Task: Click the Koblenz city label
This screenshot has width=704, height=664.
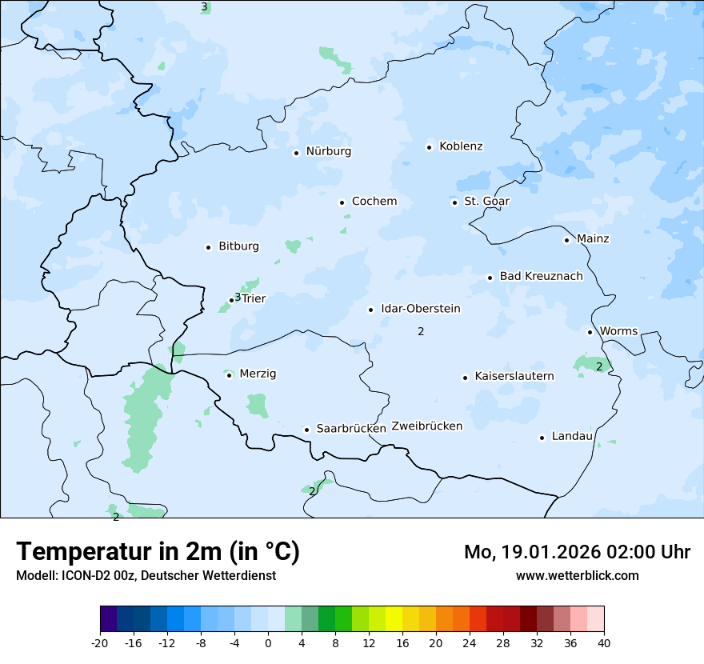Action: click(461, 146)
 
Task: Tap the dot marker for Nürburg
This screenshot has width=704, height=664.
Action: click(296, 153)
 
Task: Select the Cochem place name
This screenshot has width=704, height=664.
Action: click(374, 202)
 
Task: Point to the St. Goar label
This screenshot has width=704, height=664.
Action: click(486, 202)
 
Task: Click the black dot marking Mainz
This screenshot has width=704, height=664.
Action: click(566, 240)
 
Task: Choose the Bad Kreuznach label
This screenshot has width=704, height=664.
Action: click(541, 277)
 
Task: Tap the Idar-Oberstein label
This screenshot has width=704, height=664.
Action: click(421, 309)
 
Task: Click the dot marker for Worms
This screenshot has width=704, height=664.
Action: click(590, 332)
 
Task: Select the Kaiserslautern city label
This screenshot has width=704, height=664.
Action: click(514, 376)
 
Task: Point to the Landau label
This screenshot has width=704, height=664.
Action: click(572, 437)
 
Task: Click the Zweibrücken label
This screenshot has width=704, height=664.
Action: click(426, 426)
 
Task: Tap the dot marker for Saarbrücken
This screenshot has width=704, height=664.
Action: click(306, 430)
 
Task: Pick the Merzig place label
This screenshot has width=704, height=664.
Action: click(258, 374)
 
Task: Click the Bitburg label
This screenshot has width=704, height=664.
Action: click(238, 246)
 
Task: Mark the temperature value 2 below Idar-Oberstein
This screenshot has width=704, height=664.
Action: click(421, 331)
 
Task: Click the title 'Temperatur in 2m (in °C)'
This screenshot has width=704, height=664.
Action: click(158, 552)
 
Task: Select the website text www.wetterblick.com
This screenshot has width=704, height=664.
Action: click(577, 576)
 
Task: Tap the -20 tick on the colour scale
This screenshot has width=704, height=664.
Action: click(100, 643)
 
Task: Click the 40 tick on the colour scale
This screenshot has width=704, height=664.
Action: click(604, 643)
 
